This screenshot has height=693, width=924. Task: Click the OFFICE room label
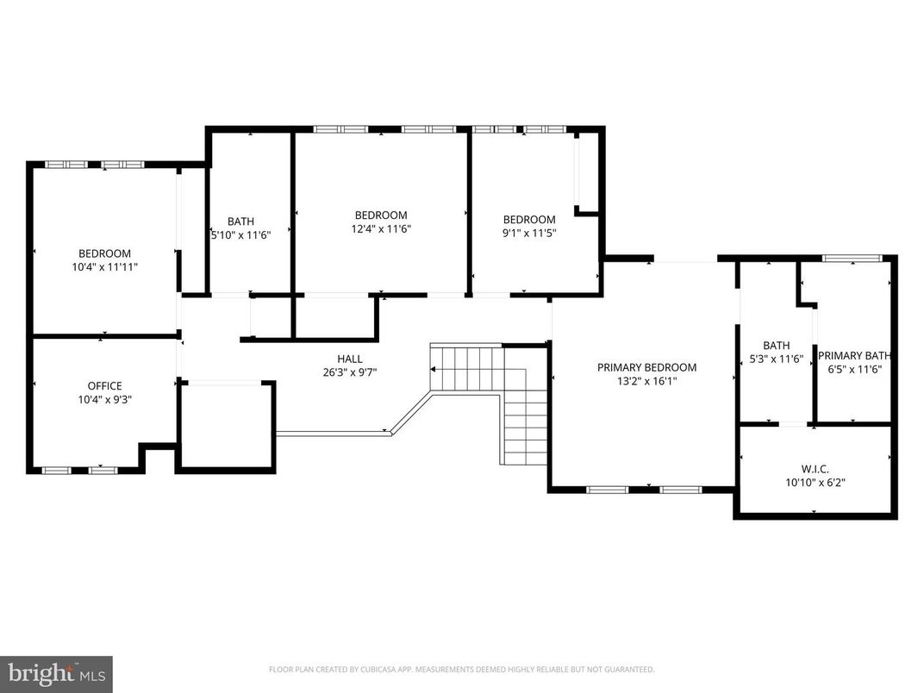point(104,385)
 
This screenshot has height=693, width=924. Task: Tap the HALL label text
point(349,359)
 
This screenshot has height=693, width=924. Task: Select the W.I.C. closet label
point(815,469)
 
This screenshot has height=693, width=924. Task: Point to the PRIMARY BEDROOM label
point(646,367)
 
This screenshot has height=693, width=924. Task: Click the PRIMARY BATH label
point(854,355)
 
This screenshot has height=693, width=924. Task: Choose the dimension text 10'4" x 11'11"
point(104,267)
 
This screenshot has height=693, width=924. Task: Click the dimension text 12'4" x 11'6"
point(380,229)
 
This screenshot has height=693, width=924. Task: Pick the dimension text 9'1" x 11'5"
point(529,234)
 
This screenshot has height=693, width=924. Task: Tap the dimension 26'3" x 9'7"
point(349,372)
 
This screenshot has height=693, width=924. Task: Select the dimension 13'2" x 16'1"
point(646,381)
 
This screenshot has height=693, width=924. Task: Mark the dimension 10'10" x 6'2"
point(815,483)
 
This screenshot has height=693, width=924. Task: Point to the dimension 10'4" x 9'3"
point(104,399)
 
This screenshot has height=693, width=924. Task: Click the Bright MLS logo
point(56,673)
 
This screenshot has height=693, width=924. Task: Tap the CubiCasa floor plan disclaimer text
point(461,669)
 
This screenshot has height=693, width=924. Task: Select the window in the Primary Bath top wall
point(852,258)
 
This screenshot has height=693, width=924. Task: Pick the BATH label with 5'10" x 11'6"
point(240,221)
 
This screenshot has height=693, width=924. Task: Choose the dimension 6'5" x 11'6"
point(854,369)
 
